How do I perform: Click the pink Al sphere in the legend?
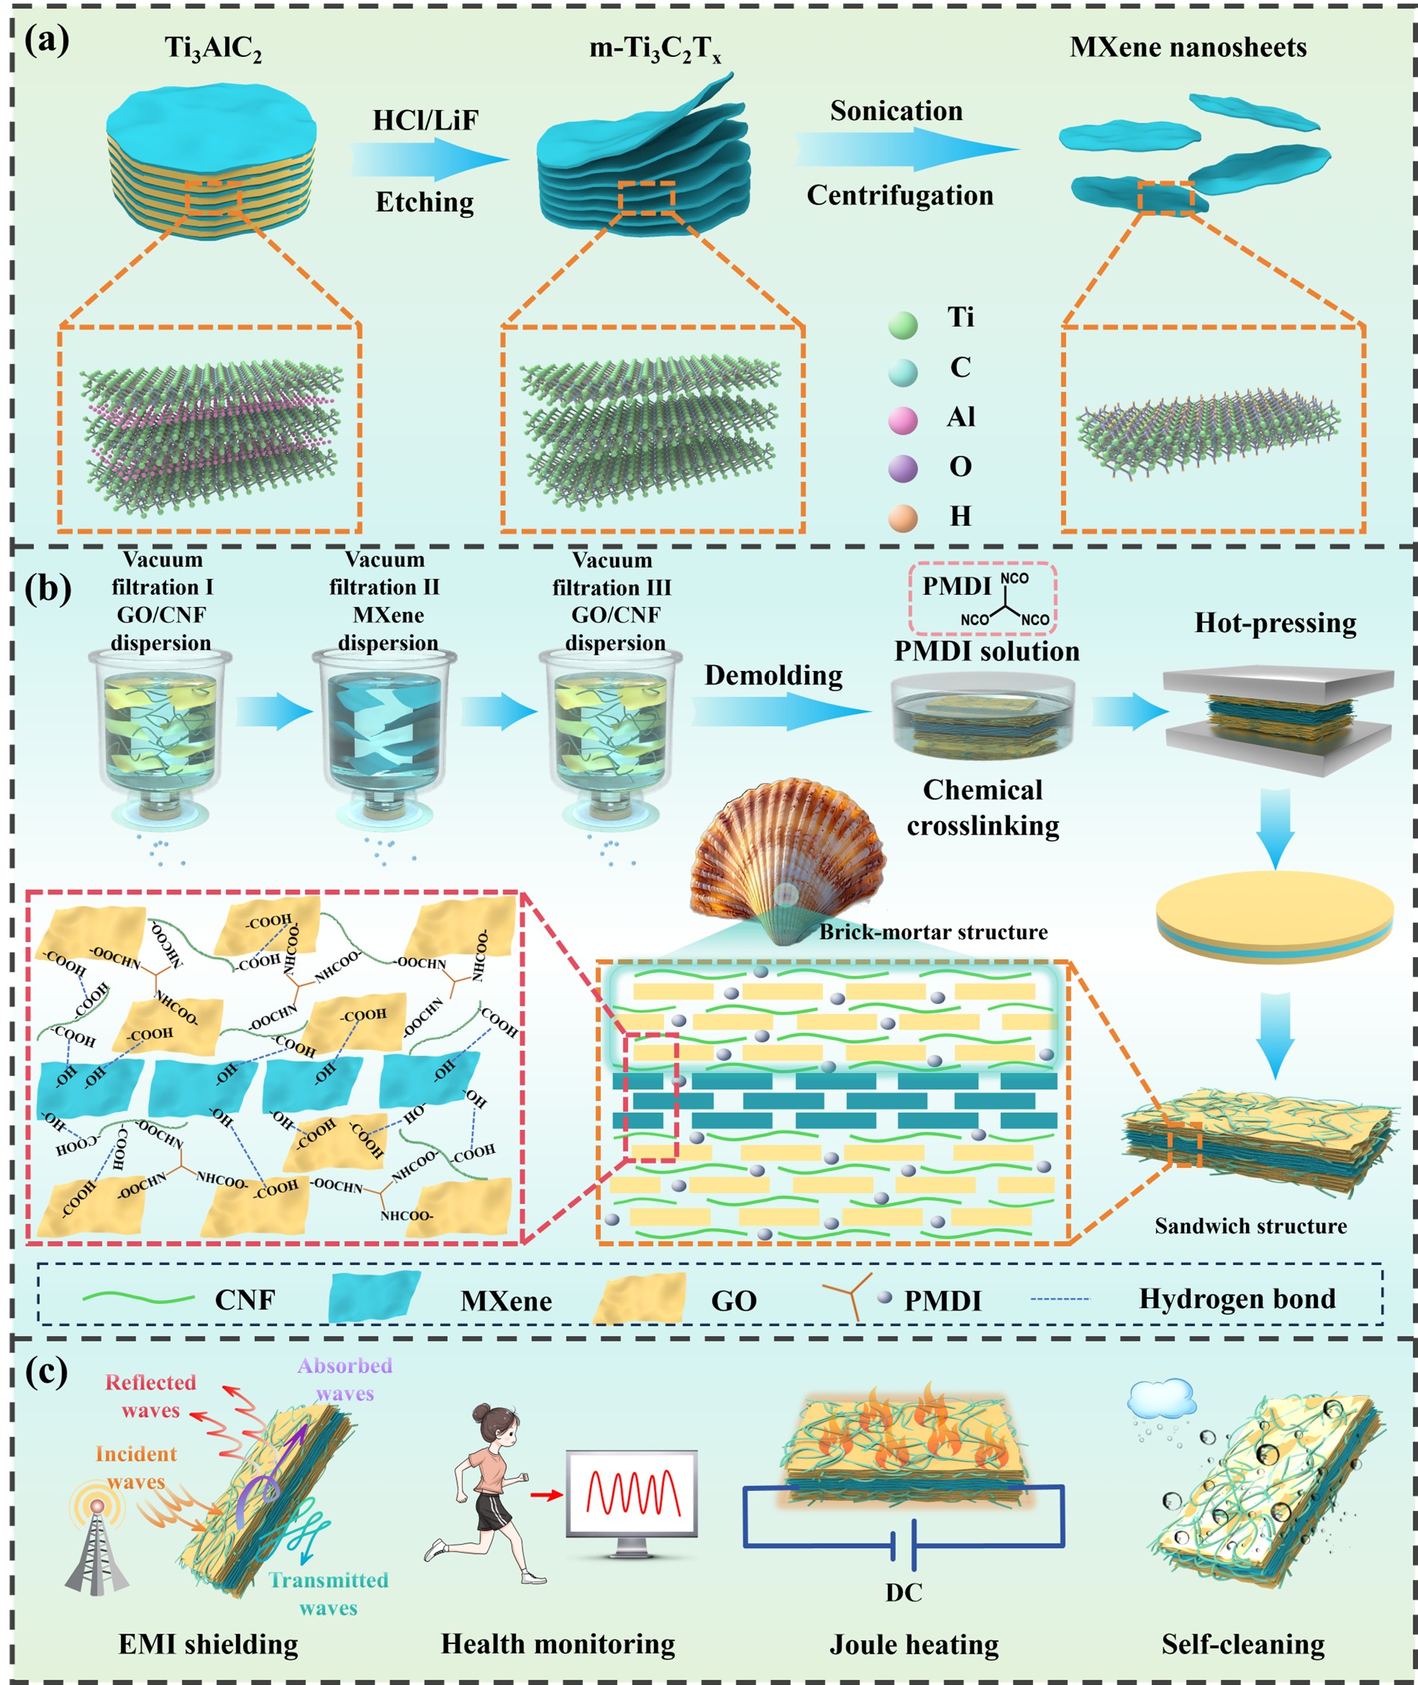[903, 419]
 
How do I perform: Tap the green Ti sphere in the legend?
[903, 326]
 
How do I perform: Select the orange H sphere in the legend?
[903, 519]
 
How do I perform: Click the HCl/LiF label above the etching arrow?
[425, 120]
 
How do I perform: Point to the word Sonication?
[896, 111]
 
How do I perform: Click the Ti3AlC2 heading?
[213, 49]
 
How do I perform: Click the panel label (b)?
[46, 589]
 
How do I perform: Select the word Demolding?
[774, 675]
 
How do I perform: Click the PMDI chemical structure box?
[982, 599]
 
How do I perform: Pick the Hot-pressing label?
[1275, 622]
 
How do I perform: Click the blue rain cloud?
[1161, 1399]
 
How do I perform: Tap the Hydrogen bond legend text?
[1237, 1299]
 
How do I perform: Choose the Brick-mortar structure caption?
[934, 932]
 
